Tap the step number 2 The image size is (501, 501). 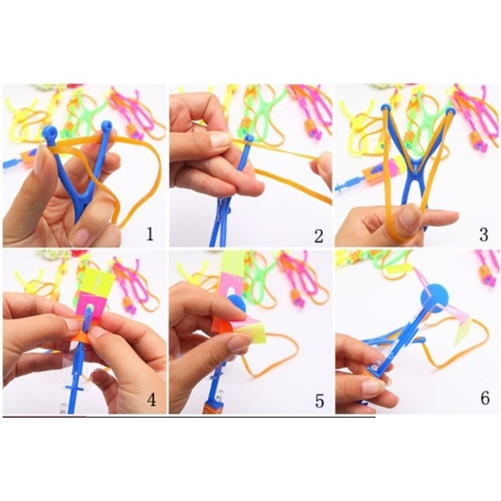318,236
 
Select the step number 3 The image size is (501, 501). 484,234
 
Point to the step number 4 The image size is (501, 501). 152,399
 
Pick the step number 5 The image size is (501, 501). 319,401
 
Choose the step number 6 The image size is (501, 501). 485,398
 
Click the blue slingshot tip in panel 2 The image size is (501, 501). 249,138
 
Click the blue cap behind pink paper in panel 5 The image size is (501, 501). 236,302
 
